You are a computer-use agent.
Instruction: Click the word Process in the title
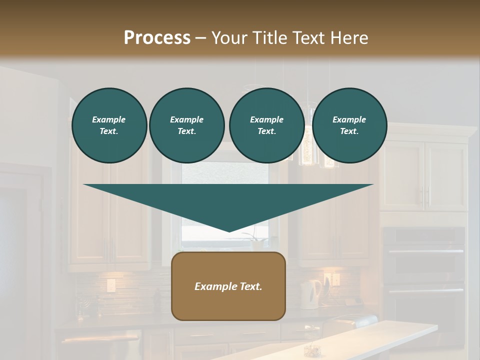click(x=157, y=38)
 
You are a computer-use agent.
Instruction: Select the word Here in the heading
click(x=348, y=38)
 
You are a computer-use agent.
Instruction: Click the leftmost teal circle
click(x=109, y=125)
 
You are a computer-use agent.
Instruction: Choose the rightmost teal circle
click(x=349, y=125)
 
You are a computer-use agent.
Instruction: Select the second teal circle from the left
click(x=186, y=125)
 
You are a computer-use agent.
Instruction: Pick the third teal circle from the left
click(x=266, y=125)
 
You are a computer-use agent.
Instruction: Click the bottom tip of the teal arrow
click(x=228, y=230)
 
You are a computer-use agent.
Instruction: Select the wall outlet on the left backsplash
click(x=110, y=285)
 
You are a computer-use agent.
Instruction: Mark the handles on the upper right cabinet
click(x=425, y=197)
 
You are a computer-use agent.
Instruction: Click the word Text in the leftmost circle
click(x=109, y=131)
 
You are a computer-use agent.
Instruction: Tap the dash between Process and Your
click(x=200, y=38)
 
